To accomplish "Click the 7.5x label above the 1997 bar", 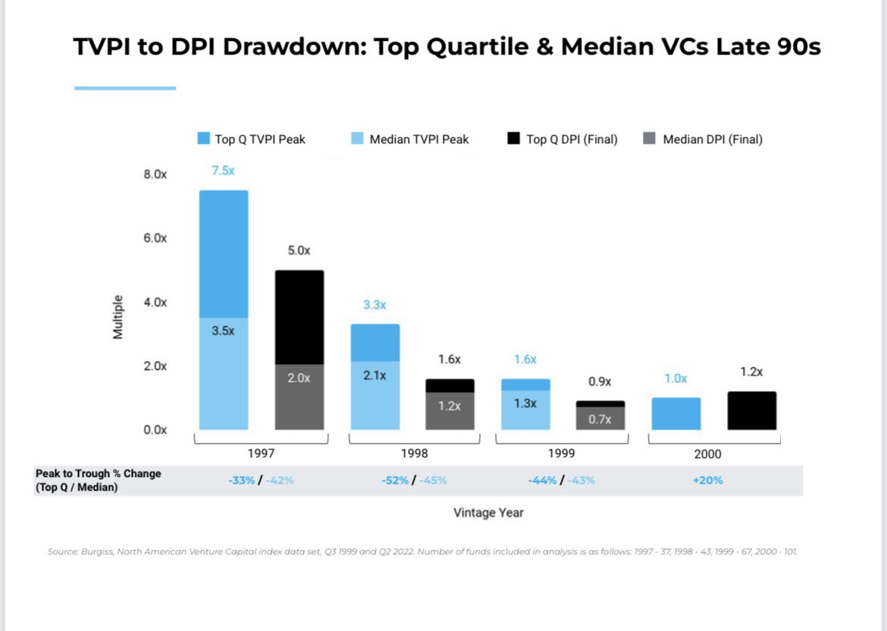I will tap(223, 171).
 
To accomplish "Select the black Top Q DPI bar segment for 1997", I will tap(299, 317).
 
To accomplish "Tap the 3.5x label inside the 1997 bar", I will tap(223, 331).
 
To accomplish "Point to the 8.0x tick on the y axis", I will tap(155, 174).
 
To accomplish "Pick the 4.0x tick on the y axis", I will tap(155, 302).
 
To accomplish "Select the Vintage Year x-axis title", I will tap(488, 513).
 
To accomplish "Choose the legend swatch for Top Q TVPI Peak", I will tap(203, 139).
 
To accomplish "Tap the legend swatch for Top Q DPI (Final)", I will tap(513, 139).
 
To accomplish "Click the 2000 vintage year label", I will tap(707, 454).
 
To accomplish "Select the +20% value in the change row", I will tap(707, 480).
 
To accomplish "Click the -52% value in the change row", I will tap(395, 480).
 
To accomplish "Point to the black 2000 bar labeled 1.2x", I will tap(751, 410).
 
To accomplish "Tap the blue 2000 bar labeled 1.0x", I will tap(675, 413).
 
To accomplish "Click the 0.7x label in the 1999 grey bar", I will tap(600, 419).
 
